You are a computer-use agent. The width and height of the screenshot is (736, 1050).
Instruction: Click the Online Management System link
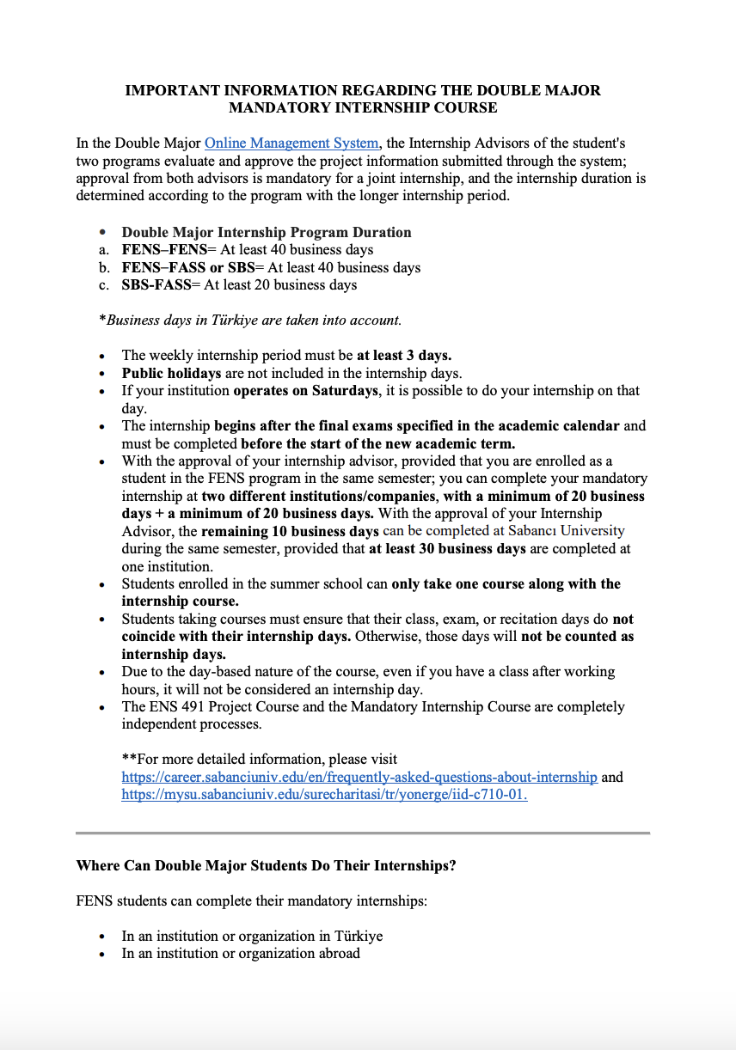[291, 143]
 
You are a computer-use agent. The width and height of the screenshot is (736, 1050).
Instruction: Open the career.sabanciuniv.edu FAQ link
[359, 777]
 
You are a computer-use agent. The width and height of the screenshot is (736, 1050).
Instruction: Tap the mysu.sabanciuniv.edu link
[324, 795]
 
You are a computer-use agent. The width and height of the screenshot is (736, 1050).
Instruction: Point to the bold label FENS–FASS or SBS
[187, 267]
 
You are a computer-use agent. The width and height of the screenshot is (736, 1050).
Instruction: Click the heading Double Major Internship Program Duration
[267, 232]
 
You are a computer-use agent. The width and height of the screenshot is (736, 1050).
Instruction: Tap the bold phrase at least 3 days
[404, 355]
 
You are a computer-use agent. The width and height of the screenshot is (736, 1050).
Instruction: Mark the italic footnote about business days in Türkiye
[250, 320]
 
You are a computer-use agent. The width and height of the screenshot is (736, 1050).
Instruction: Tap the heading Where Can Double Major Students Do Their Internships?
[266, 865]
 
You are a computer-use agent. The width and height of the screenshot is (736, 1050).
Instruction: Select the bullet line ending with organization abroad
[241, 953]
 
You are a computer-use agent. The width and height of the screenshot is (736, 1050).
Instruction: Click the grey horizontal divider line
[362, 833]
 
